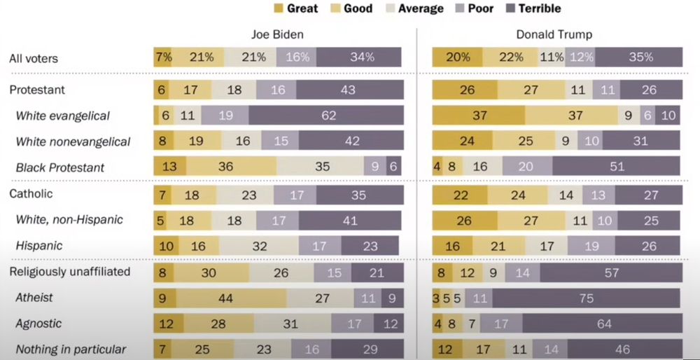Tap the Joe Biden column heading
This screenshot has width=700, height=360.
pyautogui.click(x=278, y=34)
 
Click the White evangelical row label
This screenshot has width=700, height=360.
pyautogui.click(x=63, y=116)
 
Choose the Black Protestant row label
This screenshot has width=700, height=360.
pyautogui.click(x=60, y=167)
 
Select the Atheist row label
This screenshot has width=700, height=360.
pyautogui.click(x=34, y=298)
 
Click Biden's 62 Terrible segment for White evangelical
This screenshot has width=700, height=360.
pyautogui.click(x=326, y=116)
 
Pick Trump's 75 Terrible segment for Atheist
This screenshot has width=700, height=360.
pyautogui.click(x=586, y=298)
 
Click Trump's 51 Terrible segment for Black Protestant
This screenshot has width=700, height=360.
pyautogui.click(x=616, y=167)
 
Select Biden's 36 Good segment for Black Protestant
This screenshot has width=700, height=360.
pyautogui.click(x=231, y=167)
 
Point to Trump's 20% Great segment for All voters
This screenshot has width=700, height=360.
pyautogui.click(x=457, y=57)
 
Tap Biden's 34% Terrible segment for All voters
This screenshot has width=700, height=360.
pyautogui.click(x=358, y=57)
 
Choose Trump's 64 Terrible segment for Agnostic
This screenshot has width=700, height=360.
pyautogui.click(x=602, y=324)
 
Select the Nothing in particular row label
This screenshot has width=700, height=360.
pyautogui.click(x=71, y=349)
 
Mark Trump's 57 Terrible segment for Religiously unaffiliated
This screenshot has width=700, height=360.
pyautogui.click(x=610, y=272)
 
